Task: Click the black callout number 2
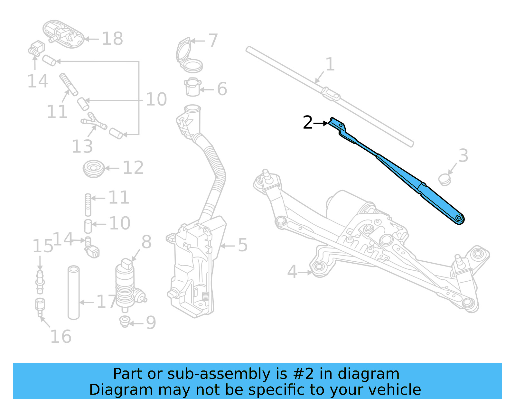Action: click(x=308, y=123)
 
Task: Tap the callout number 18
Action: click(x=112, y=39)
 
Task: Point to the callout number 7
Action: click(x=213, y=41)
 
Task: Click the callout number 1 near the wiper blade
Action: click(x=330, y=64)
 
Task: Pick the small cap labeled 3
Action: click(x=445, y=180)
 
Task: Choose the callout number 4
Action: click(x=292, y=271)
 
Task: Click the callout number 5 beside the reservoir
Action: click(x=243, y=245)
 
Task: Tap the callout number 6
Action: click(x=222, y=89)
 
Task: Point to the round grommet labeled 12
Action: click(x=94, y=168)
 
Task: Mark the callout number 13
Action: click(x=82, y=147)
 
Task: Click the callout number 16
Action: click(x=61, y=337)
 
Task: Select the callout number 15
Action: click(x=42, y=246)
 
